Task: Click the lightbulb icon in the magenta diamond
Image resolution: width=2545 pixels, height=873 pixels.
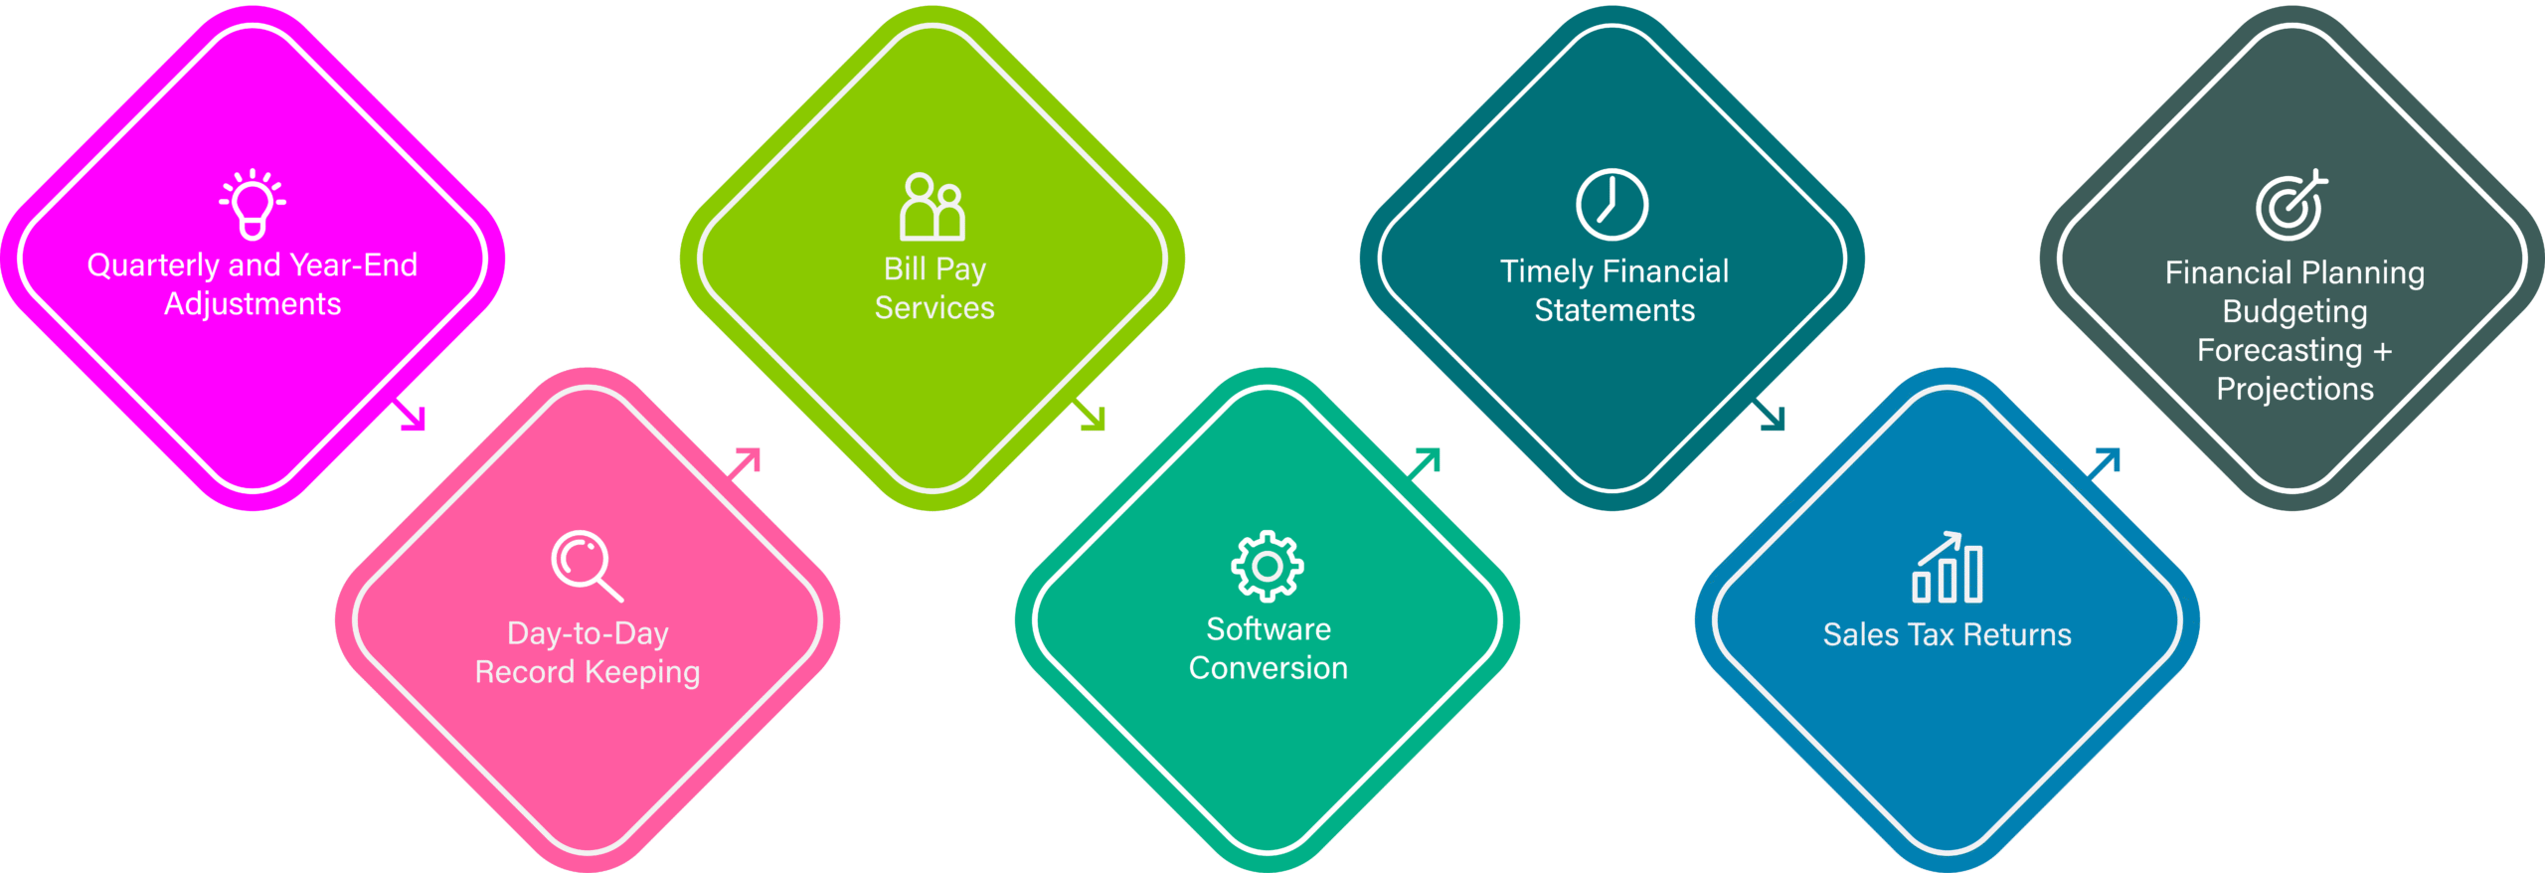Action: coord(253,204)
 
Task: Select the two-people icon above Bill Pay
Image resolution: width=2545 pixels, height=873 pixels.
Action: coord(932,208)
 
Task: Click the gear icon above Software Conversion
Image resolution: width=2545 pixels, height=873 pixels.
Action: coord(1268,566)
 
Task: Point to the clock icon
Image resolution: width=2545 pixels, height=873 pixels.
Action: coord(1612,205)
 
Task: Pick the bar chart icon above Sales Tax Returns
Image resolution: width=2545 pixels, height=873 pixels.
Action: coord(1948,568)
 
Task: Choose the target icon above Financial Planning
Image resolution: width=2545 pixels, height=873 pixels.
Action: coord(2290,206)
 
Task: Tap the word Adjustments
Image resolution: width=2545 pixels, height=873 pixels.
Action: coord(253,304)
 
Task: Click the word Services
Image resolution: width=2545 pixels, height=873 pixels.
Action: coord(934,308)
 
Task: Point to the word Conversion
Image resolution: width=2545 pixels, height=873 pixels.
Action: coord(1269,668)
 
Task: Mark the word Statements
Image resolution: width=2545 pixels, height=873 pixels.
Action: coord(1614,310)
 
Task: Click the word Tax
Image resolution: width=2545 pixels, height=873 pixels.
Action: coord(1931,634)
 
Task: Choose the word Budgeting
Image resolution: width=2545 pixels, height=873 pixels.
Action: coord(2294,312)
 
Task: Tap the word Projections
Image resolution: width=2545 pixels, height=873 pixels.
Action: coord(2294,389)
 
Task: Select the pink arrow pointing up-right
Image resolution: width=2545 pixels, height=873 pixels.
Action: coord(745,462)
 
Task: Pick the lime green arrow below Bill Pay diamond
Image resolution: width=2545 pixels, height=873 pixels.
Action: coord(1091,416)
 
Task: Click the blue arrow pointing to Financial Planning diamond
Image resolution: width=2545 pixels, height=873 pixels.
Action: coord(2105,462)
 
